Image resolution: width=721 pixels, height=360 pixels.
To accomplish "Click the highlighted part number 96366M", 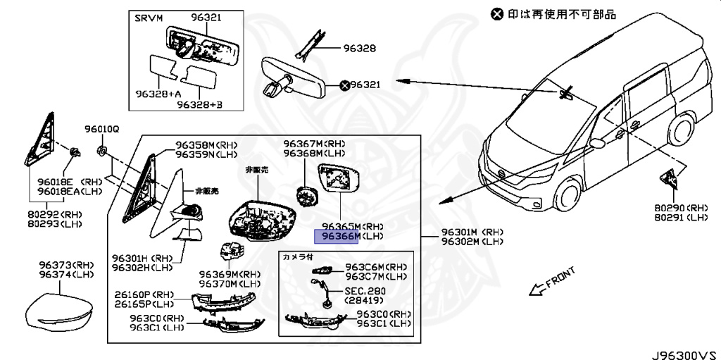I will click(x=337, y=237).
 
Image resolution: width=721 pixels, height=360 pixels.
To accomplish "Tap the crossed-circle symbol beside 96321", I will click(x=345, y=85).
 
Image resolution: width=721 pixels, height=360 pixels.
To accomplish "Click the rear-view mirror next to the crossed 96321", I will click(x=296, y=73).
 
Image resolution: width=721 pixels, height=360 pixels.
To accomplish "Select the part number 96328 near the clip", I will click(x=360, y=49).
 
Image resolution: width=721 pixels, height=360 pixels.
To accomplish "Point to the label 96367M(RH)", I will click(x=314, y=142).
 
